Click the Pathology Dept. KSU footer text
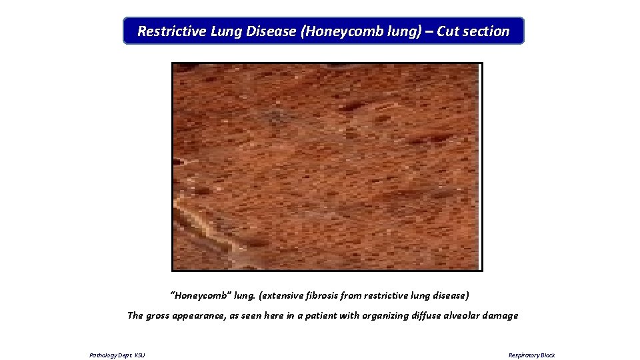coord(117,355)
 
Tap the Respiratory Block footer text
coord(531,355)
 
